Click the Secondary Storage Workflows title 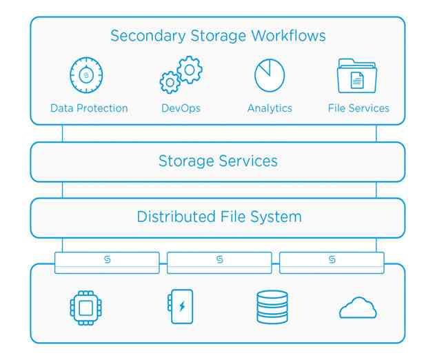point(218,35)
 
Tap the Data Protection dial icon point(86,74)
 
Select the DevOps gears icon point(181,76)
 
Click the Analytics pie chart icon point(270,75)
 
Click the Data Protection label point(89,108)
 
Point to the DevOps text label point(181,108)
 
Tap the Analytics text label point(270,108)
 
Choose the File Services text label point(358,108)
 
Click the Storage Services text point(218,161)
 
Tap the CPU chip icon point(86,308)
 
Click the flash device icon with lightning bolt point(181,307)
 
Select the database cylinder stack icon point(272,308)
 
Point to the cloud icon point(358,308)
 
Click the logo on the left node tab point(108,259)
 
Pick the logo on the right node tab point(332,259)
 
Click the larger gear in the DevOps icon point(188,70)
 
